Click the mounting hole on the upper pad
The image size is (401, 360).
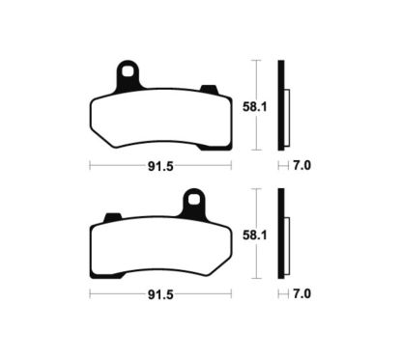click(126, 70)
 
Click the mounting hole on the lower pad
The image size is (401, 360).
click(195, 201)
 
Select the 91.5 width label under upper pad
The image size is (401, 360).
click(159, 165)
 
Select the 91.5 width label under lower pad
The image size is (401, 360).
click(159, 294)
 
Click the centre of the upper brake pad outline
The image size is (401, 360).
click(159, 121)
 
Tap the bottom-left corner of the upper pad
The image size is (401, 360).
click(94, 138)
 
